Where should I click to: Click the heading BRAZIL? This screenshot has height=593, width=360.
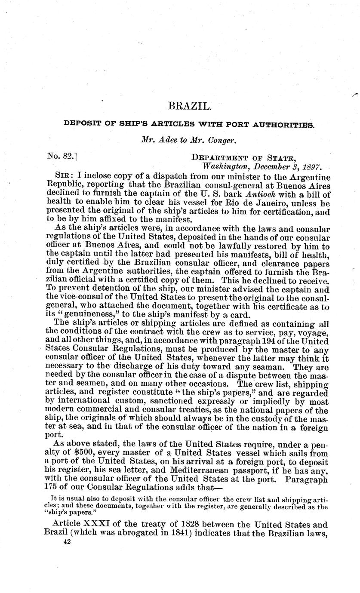click(184, 106)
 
